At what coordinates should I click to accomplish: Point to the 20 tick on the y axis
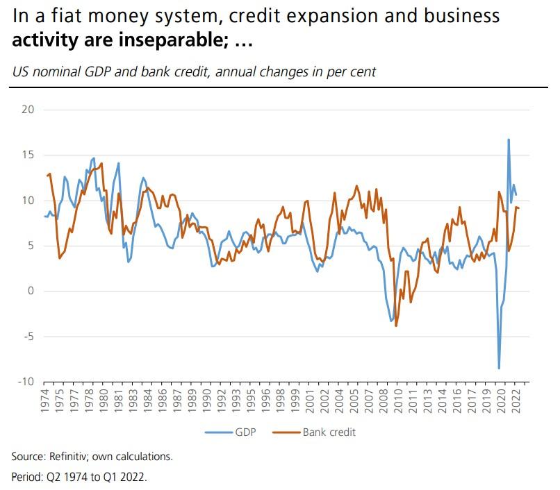(28, 110)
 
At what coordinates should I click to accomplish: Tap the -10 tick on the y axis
(25, 382)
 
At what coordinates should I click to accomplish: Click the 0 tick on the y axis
(30, 291)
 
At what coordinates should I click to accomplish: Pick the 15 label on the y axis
(28, 155)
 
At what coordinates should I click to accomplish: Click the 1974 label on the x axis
(44, 403)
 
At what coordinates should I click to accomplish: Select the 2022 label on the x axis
(516, 403)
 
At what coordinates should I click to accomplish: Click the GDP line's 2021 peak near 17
(509, 140)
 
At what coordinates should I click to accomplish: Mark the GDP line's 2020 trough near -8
(499, 368)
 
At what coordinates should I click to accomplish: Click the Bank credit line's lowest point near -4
(396, 326)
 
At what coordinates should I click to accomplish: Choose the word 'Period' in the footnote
(25, 478)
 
